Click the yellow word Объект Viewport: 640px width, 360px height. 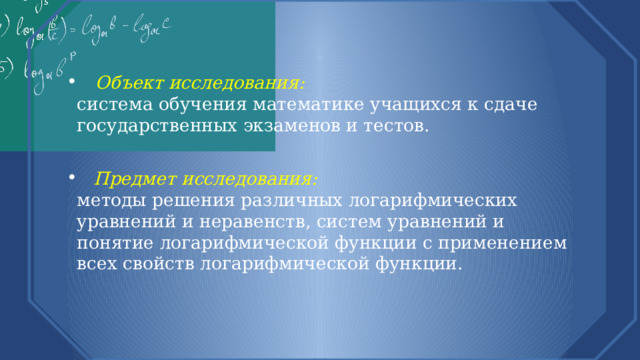[x=130, y=82]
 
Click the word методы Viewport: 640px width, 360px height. [x=107, y=200]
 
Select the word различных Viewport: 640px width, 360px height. [x=263, y=200]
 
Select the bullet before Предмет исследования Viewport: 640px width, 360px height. [x=74, y=179]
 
